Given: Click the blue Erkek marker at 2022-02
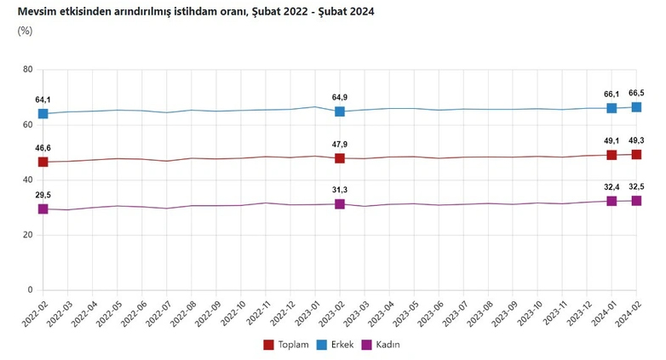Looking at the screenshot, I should tap(43, 113).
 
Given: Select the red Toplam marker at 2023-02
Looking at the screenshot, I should tap(340, 158).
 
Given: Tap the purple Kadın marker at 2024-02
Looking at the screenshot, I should tap(636, 201).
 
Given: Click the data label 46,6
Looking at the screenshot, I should tap(43, 147).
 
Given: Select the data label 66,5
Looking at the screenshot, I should tap(636, 93).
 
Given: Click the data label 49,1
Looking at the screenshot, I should tap(611, 141).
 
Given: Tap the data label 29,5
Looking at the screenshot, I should tap(43, 194).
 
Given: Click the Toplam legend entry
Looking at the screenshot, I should tap(284, 345).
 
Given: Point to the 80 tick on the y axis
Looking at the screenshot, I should tap(27, 70).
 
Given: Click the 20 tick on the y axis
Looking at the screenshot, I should tap(27, 235).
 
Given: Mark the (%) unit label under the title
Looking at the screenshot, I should tap(25, 31).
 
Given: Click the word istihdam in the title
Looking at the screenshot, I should tap(174, 10).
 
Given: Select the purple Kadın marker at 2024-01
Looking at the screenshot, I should tap(611, 201).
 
